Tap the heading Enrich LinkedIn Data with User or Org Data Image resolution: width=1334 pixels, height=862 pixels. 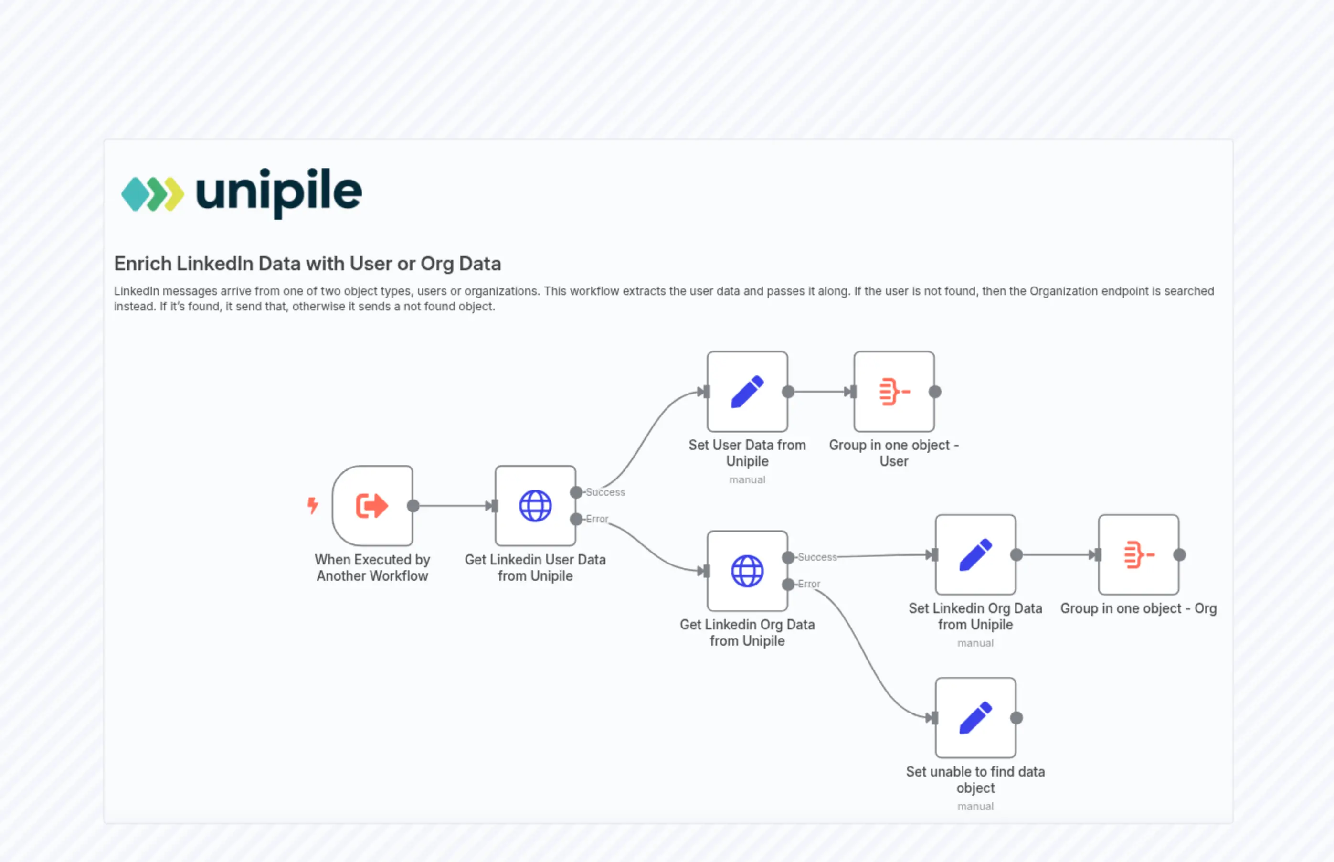tap(307, 264)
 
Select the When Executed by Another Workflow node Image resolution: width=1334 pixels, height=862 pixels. tap(372, 505)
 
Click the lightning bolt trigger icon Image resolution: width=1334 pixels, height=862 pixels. tap(313, 505)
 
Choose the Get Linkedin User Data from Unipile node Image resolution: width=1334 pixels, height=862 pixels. tap(535, 505)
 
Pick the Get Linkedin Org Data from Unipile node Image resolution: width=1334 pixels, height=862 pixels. tap(747, 571)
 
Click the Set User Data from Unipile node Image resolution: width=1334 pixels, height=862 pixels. tap(747, 392)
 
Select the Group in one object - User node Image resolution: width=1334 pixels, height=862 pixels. tap(894, 392)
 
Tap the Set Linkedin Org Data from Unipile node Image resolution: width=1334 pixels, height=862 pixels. tap(975, 555)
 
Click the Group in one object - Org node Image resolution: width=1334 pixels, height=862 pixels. tap(1138, 555)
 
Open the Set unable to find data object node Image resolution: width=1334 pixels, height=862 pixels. tap(975, 718)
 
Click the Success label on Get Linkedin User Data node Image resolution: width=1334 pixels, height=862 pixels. tap(605, 492)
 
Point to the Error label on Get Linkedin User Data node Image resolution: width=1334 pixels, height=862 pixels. tap(596, 519)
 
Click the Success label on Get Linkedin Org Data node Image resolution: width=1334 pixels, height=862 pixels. tap(817, 557)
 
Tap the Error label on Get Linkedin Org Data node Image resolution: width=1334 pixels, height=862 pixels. tap(809, 584)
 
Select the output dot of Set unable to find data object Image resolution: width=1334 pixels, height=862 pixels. tap(1016, 718)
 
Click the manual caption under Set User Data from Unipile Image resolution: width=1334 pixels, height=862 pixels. tap(747, 479)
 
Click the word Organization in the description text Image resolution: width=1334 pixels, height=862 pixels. tap(1063, 291)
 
